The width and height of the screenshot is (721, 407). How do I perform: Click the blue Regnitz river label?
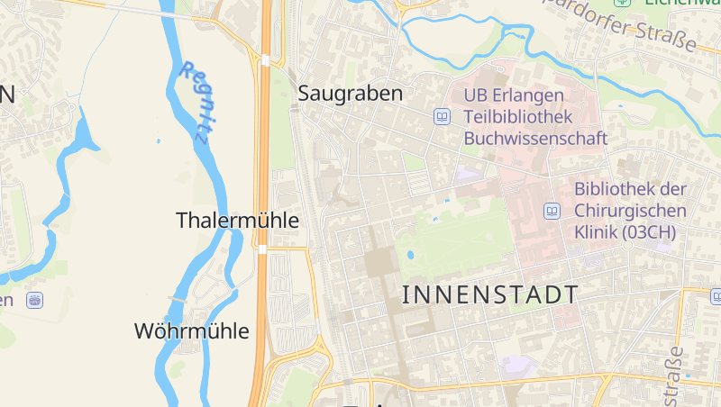tap(196, 103)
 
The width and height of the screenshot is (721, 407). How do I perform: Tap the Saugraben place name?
tap(350, 94)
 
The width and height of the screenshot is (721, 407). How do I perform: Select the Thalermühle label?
tap(237, 220)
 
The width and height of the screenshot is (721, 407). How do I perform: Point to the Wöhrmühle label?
tap(191, 330)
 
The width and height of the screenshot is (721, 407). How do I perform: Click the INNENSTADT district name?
tap(489, 294)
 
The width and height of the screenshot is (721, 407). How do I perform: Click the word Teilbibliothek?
tap(518, 117)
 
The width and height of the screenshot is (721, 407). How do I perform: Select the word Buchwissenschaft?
tap(535, 139)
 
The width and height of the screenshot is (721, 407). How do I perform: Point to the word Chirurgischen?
tap(630, 211)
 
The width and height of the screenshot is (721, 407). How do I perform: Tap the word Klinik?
tap(596, 232)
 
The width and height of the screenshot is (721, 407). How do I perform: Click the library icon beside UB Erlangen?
tap(443, 116)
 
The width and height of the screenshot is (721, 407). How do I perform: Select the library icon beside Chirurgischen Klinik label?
tap(552, 211)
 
